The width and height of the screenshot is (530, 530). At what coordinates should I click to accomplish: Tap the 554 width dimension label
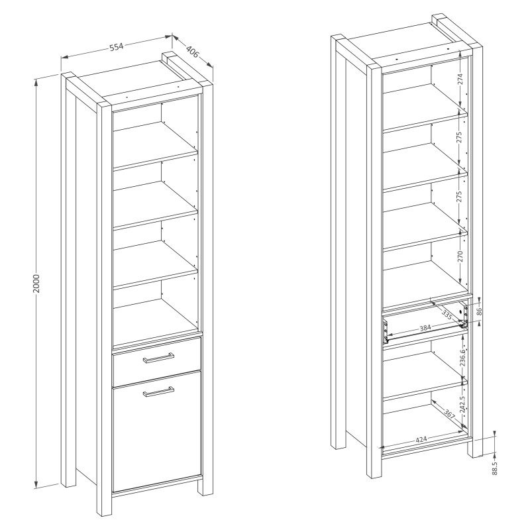[116, 47]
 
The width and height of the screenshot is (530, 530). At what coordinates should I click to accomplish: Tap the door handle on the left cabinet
[158, 392]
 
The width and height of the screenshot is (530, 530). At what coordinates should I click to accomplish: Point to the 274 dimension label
[460, 79]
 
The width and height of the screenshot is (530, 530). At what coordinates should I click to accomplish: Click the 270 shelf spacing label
[460, 256]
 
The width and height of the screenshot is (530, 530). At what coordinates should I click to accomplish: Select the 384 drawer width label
[425, 328]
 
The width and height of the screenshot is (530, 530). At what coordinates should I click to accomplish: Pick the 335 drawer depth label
[447, 316]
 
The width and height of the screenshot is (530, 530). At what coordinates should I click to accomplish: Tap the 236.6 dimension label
[462, 357]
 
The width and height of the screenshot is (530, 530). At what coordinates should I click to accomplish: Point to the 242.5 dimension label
[462, 403]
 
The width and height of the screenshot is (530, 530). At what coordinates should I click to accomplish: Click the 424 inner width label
[421, 439]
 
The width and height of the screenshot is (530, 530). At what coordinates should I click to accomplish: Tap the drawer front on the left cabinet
[157, 362]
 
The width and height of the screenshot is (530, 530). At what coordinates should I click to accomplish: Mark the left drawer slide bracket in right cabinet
[384, 332]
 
